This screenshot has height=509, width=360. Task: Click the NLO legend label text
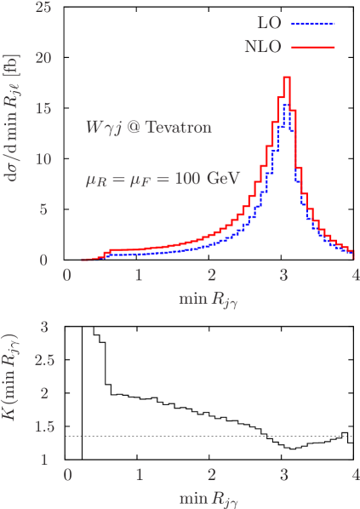[x=263, y=47]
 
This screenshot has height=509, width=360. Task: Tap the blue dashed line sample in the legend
[x=312, y=23]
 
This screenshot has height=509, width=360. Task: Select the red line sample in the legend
[x=312, y=47]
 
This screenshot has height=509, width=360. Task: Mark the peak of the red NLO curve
[x=287, y=77]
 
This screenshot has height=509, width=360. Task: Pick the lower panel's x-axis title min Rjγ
[x=211, y=495]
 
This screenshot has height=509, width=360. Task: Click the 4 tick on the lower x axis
[x=355, y=474]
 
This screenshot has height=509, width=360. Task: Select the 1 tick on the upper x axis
[x=139, y=276]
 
